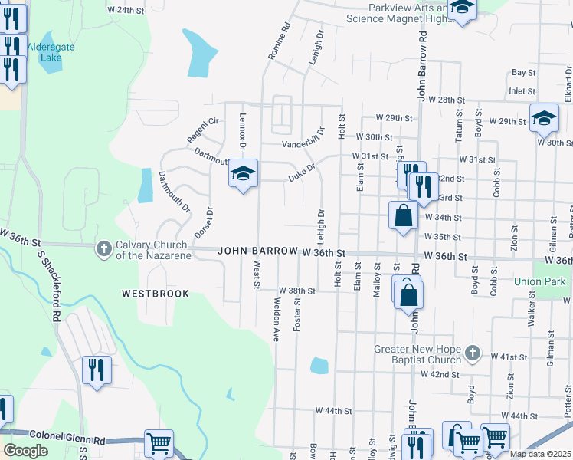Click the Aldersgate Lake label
[x=51, y=52]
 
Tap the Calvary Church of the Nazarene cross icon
[x=104, y=248]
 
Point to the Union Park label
[x=539, y=281]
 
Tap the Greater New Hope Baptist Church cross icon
[x=473, y=353]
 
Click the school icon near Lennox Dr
[x=243, y=174]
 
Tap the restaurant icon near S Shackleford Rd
[x=97, y=370]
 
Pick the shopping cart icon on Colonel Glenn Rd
[x=159, y=443]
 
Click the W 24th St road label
[x=126, y=10]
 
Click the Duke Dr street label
[x=302, y=172]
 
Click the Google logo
[x=25, y=451]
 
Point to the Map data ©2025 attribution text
[x=540, y=454]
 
